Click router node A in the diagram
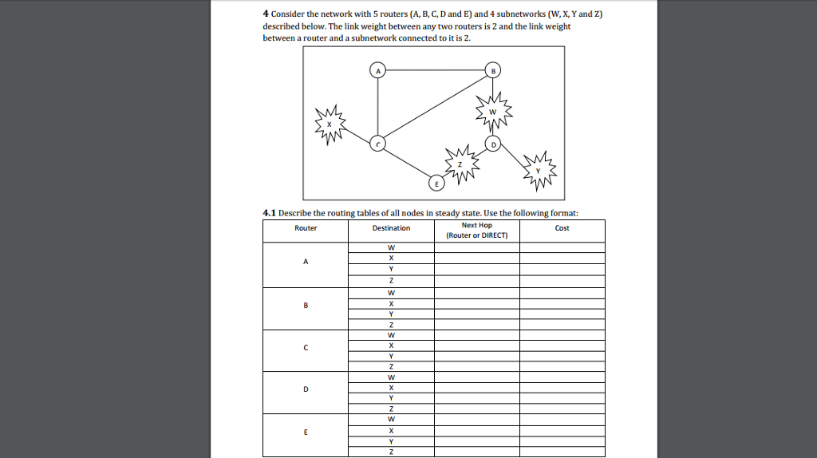click(379, 71)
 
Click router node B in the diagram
click(493, 71)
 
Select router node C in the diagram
click(379, 144)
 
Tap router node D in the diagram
click(493, 144)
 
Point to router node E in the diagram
click(436, 183)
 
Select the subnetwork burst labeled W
click(492, 112)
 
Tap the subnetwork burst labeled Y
click(540, 168)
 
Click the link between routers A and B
click(436, 71)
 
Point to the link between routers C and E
click(407, 163)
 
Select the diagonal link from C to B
click(436, 108)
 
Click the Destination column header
click(391, 228)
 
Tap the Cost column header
click(562, 228)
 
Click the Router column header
click(306, 228)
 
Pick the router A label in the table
click(306, 262)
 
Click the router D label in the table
click(306, 389)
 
